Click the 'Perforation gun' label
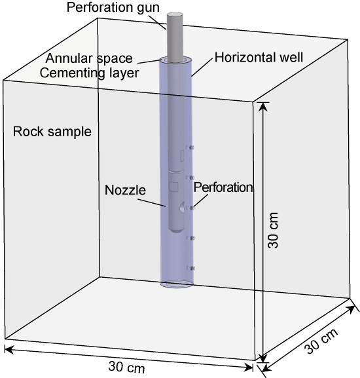coord(113,7)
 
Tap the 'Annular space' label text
coord(89,58)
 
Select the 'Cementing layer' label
coord(89,73)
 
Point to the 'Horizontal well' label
coord(259,58)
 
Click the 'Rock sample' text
coord(52,132)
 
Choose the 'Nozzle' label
coord(125,190)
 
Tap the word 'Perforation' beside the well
coord(223,187)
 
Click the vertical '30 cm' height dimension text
coord(274,231)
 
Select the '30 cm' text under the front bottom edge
coord(127,367)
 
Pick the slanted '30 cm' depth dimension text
coord(321,341)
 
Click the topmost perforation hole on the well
coord(190,147)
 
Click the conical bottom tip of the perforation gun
coord(177,230)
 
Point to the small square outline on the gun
coord(174,187)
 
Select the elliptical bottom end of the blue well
coord(177,284)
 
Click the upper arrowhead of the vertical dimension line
coord(264,107)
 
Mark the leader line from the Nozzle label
coord(152,202)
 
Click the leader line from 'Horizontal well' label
coord(202,67)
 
